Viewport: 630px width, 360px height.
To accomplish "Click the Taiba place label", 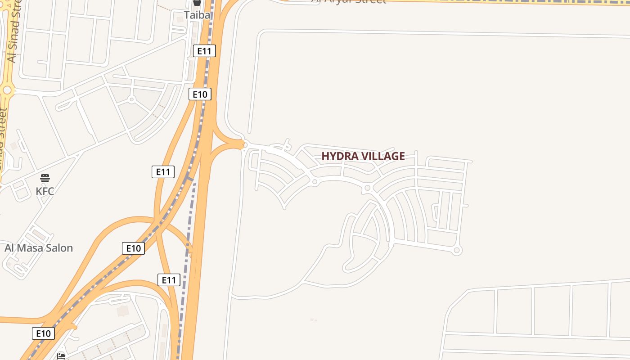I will (197, 15).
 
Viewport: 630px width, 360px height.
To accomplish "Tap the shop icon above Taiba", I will (197, 2).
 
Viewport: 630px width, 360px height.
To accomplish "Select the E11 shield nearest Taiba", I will (204, 51).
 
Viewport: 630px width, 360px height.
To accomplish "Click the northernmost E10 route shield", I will (200, 94).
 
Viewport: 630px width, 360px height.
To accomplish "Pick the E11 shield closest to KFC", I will (163, 171).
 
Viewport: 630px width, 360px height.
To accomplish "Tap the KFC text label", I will (45, 191).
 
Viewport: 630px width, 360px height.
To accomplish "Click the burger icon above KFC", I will (45, 178).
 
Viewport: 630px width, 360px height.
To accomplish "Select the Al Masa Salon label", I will (39, 248).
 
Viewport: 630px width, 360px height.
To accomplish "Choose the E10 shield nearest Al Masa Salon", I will (133, 248).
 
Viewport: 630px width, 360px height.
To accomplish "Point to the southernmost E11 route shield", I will (169, 280).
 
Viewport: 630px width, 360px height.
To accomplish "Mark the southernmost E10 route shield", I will (43, 333).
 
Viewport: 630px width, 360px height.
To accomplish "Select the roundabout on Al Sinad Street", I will (7, 90).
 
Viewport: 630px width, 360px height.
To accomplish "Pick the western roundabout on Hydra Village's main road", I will (315, 182).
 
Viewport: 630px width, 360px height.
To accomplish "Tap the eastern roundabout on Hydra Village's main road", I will (367, 188).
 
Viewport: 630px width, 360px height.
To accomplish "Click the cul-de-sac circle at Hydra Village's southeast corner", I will (457, 251).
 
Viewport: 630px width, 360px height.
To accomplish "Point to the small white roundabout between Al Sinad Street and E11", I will (132, 99).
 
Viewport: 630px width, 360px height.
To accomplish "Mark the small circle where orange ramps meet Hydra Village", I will (244, 144).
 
